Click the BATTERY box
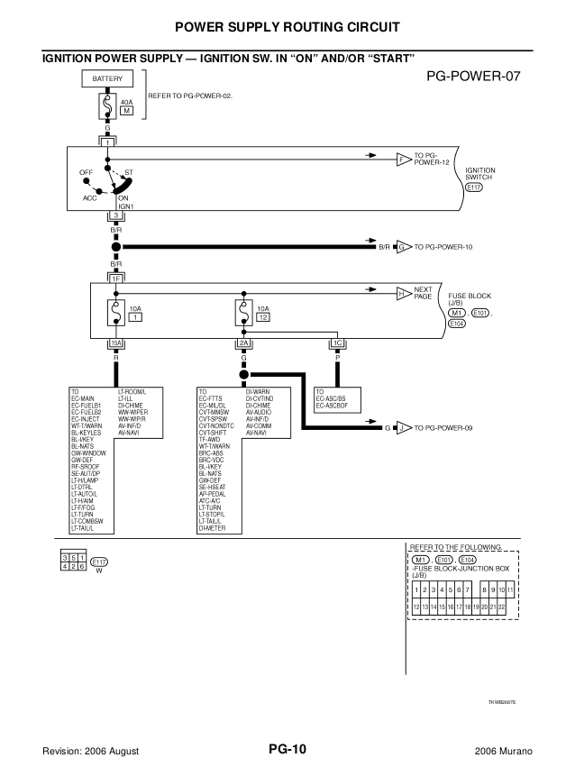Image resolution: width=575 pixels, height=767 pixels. tap(107, 80)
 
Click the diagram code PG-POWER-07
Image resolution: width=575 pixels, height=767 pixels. tap(474, 77)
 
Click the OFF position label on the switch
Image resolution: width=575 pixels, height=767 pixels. tap(86, 170)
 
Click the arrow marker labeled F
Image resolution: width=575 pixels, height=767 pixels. tap(403, 160)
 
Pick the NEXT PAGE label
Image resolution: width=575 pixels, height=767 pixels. tap(424, 293)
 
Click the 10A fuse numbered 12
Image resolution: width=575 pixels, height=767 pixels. tap(242, 314)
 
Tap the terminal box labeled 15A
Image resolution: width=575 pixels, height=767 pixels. tap(115, 343)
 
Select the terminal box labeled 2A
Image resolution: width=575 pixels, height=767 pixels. tap(243, 343)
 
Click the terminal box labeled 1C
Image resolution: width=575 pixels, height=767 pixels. tap(338, 343)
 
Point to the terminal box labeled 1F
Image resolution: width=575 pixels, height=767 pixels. tap(115, 278)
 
